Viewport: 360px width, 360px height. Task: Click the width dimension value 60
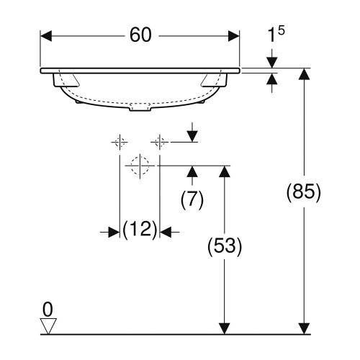(141, 35)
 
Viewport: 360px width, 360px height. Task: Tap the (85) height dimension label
(303, 193)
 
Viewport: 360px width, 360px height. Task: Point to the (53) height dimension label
(223, 246)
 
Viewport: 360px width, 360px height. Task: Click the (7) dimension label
(192, 199)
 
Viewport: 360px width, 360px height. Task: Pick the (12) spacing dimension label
(140, 231)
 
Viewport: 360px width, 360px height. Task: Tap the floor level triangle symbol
(48, 327)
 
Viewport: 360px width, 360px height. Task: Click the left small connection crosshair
(120, 142)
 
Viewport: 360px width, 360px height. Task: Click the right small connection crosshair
(159, 142)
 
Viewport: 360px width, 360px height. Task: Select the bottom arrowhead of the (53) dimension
(224, 328)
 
